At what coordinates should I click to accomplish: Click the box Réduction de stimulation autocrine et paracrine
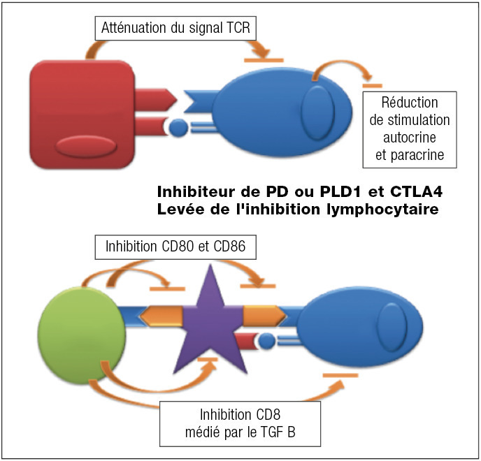pyautogui.click(x=410, y=129)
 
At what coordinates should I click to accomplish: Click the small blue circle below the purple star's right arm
pyautogui.click(x=267, y=340)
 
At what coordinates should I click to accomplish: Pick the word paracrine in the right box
pyautogui.click(x=410, y=155)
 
